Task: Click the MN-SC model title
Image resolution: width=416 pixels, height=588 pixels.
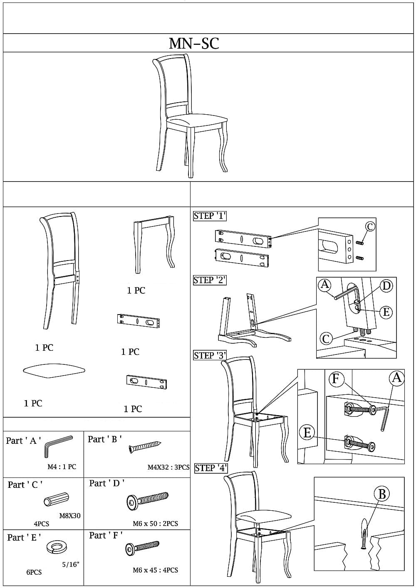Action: tap(194, 43)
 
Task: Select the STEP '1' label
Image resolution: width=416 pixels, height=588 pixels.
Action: tap(210, 216)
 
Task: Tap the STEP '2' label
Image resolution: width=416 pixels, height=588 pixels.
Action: tap(210, 280)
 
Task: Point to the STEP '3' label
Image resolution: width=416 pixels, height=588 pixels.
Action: tap(210, 355)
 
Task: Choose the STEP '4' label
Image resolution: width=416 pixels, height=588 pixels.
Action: tap(211, 468)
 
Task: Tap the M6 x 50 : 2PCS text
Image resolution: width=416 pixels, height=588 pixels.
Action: tap(155, 524)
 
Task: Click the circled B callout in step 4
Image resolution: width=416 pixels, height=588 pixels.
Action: tap(382, 494)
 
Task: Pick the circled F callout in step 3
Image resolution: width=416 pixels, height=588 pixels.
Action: tap(337, 379)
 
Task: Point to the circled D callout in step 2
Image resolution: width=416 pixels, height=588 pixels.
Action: tap(386, 286)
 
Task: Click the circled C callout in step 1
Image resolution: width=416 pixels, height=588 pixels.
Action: tap(370, 226)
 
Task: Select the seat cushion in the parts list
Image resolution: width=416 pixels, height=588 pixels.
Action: tap(54, 370)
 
